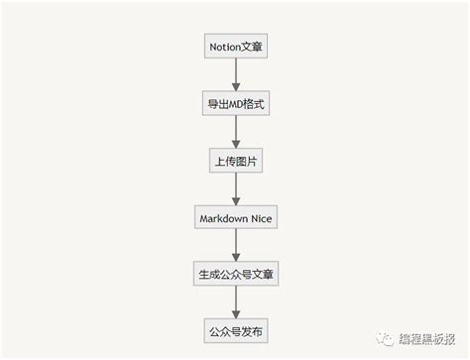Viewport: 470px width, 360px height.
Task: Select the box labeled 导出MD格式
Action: [x=235, y=102]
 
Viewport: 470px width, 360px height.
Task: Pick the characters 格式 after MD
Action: [x=256, y=102]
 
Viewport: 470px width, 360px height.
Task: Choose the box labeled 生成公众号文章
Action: [x=235, y=273]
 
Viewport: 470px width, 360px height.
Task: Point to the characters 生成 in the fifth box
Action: [x=208, y=273]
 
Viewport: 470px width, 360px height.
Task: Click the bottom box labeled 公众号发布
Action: [x=235, y=329]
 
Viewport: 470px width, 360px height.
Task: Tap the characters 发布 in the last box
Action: [x=256, y=329]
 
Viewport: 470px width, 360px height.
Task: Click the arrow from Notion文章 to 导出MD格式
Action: [x=235, y=73]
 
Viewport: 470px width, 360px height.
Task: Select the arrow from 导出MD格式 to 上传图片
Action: [x=235, y=130]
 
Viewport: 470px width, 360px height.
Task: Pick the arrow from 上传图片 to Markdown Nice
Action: [x=235, y=187]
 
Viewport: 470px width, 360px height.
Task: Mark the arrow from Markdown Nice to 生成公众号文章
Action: [x=235, y=244]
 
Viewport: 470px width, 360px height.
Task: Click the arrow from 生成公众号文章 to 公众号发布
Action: [x=235, y=300]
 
